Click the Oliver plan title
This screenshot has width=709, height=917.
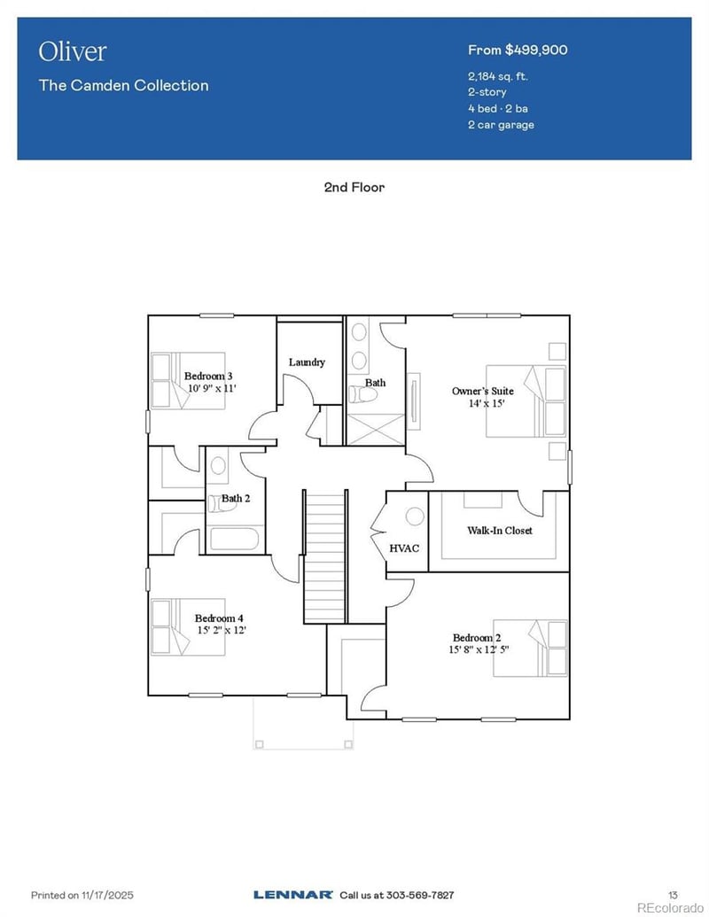[x=72, y=51]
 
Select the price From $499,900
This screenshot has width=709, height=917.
[x=518, y=50]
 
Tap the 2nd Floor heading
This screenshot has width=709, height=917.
[x=354, y=187]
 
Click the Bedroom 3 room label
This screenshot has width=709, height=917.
[x=208, y=376]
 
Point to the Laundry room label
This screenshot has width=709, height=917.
[x=307, y=361]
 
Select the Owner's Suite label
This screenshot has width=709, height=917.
[x=482, y=391]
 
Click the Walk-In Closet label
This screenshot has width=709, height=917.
[x=499, y=531]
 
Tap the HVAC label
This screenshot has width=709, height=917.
[x=404, y=548]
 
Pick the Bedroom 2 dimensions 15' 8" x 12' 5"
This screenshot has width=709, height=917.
[x=479, y=649]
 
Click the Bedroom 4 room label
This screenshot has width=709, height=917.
[x=219, y=618]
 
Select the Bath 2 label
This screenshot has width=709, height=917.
[x=236, y=498]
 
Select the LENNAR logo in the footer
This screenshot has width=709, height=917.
[x=293, y=894]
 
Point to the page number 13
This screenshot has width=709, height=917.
[x=672, y=894]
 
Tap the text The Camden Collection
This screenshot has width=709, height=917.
[x=123, y=86]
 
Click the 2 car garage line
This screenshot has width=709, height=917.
[x=501, y=124]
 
